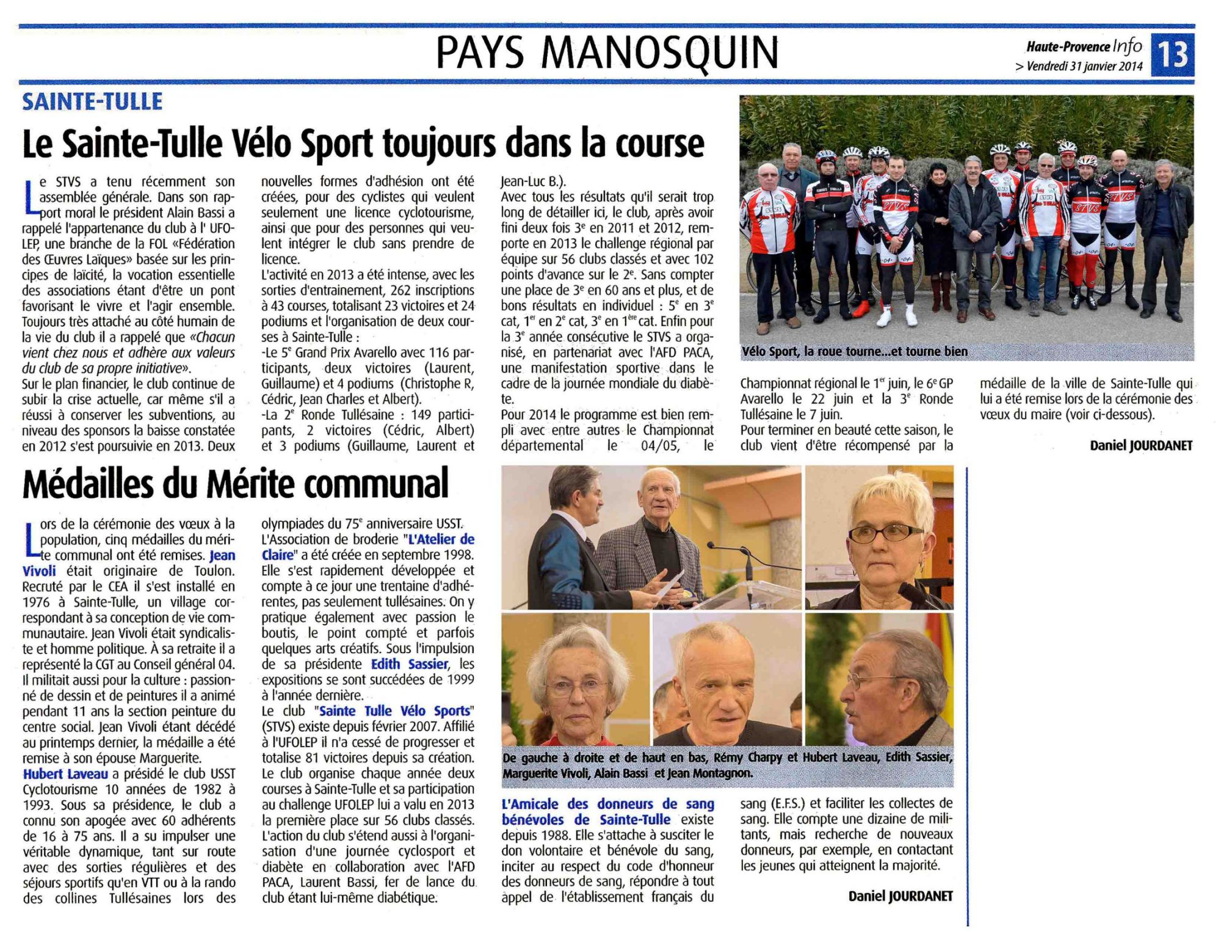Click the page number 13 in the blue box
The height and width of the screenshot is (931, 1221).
pyautogui.click(x=1173, y=54)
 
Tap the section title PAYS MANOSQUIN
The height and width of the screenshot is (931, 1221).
pyautogui.click(x=607, y=53)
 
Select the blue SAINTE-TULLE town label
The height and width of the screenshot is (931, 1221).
pyautogui.click(x=92, y=101)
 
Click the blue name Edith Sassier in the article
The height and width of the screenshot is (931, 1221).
pyautogui.click(x=410, y=664)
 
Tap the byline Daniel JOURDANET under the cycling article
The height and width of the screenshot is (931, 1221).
pyautogui.click(x=1140, y=446)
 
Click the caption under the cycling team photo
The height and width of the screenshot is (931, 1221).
pyautogui.click(x=855, y=352)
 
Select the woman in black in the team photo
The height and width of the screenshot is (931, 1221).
pyautogui.click(x=937, y=232)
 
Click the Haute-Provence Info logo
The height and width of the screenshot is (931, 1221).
pyautogui.click(x=1084, y=46)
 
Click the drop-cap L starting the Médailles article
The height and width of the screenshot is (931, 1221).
pyautogui.click(x=31, y=539)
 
